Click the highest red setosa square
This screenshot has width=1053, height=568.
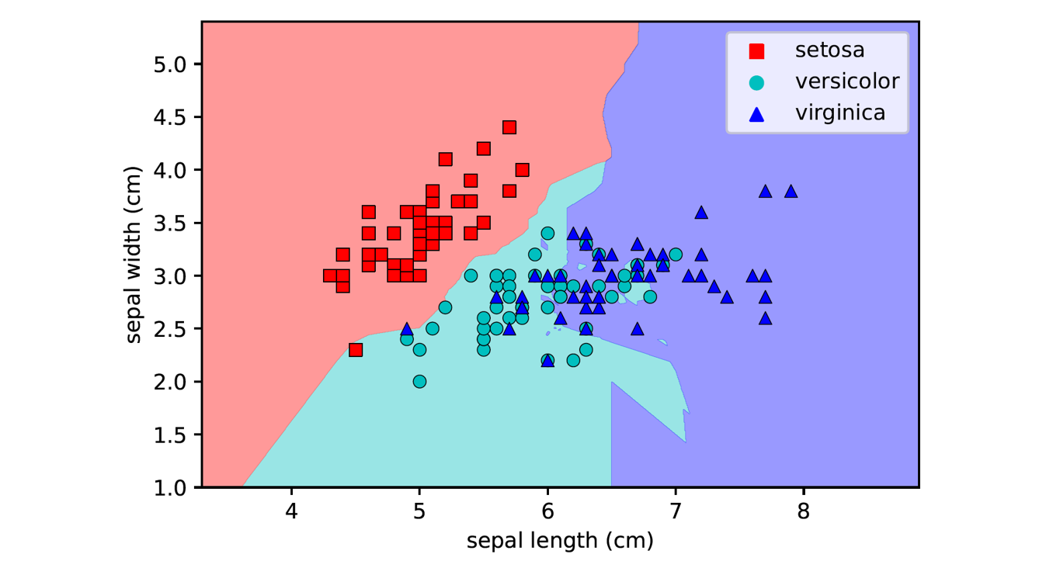click(509, 127)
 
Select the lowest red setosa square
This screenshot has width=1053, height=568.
click(356, 350)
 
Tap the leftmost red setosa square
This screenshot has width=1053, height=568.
click(330, 275)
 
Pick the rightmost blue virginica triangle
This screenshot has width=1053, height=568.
click(791, 191)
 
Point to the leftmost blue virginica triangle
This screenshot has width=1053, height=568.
click(407, 329)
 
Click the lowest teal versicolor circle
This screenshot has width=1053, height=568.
click(419, 382)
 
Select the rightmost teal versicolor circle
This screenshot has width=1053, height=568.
click(676, 255)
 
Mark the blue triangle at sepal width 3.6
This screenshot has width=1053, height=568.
click(701, 212)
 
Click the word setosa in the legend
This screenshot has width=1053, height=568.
click(829, 50)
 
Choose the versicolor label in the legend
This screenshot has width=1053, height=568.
click(846, 81)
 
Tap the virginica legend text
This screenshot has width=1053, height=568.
click(840, 113)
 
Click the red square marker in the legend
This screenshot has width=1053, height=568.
click(756, 51)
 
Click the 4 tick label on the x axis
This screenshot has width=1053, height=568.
click(291, 513)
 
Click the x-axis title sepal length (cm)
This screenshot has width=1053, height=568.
click(560, 541)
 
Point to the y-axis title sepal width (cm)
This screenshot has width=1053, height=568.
click(135, 255)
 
